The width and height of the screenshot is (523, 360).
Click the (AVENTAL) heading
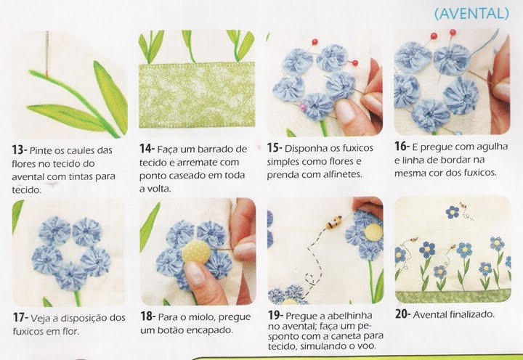[x=471, y=14]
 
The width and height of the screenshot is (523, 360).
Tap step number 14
[x=147, y=149]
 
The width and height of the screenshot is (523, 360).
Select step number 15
[x=275, y=147]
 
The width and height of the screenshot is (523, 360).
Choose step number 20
[x=402, y=314]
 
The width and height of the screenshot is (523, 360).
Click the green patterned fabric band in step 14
[x=197, y=95]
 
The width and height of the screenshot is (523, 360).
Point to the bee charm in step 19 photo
[x=335, y=222]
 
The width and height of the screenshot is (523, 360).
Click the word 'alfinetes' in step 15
[x=342, y=174]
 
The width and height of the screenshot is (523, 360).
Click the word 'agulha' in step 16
[x=492, y=147]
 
